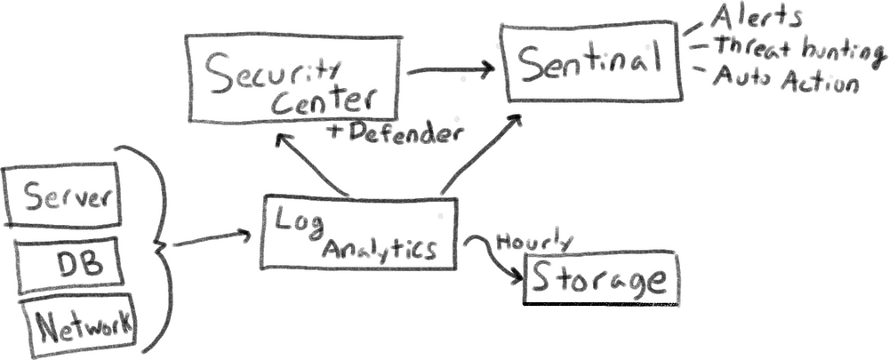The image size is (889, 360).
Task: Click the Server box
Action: (61, 194)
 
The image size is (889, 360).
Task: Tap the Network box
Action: (84, 326)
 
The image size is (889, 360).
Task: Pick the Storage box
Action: (600, 279)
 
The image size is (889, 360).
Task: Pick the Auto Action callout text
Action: (787, 83)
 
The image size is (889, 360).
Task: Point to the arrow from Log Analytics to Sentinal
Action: (480, 156)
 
